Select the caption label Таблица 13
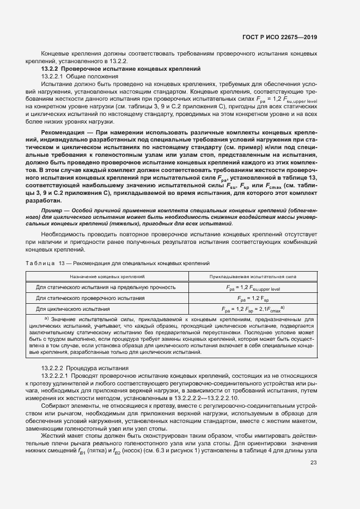coord(40,263)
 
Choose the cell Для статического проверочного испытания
coord(90,298)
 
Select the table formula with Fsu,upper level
coord(253,287)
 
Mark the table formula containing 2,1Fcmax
coord(253,309)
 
